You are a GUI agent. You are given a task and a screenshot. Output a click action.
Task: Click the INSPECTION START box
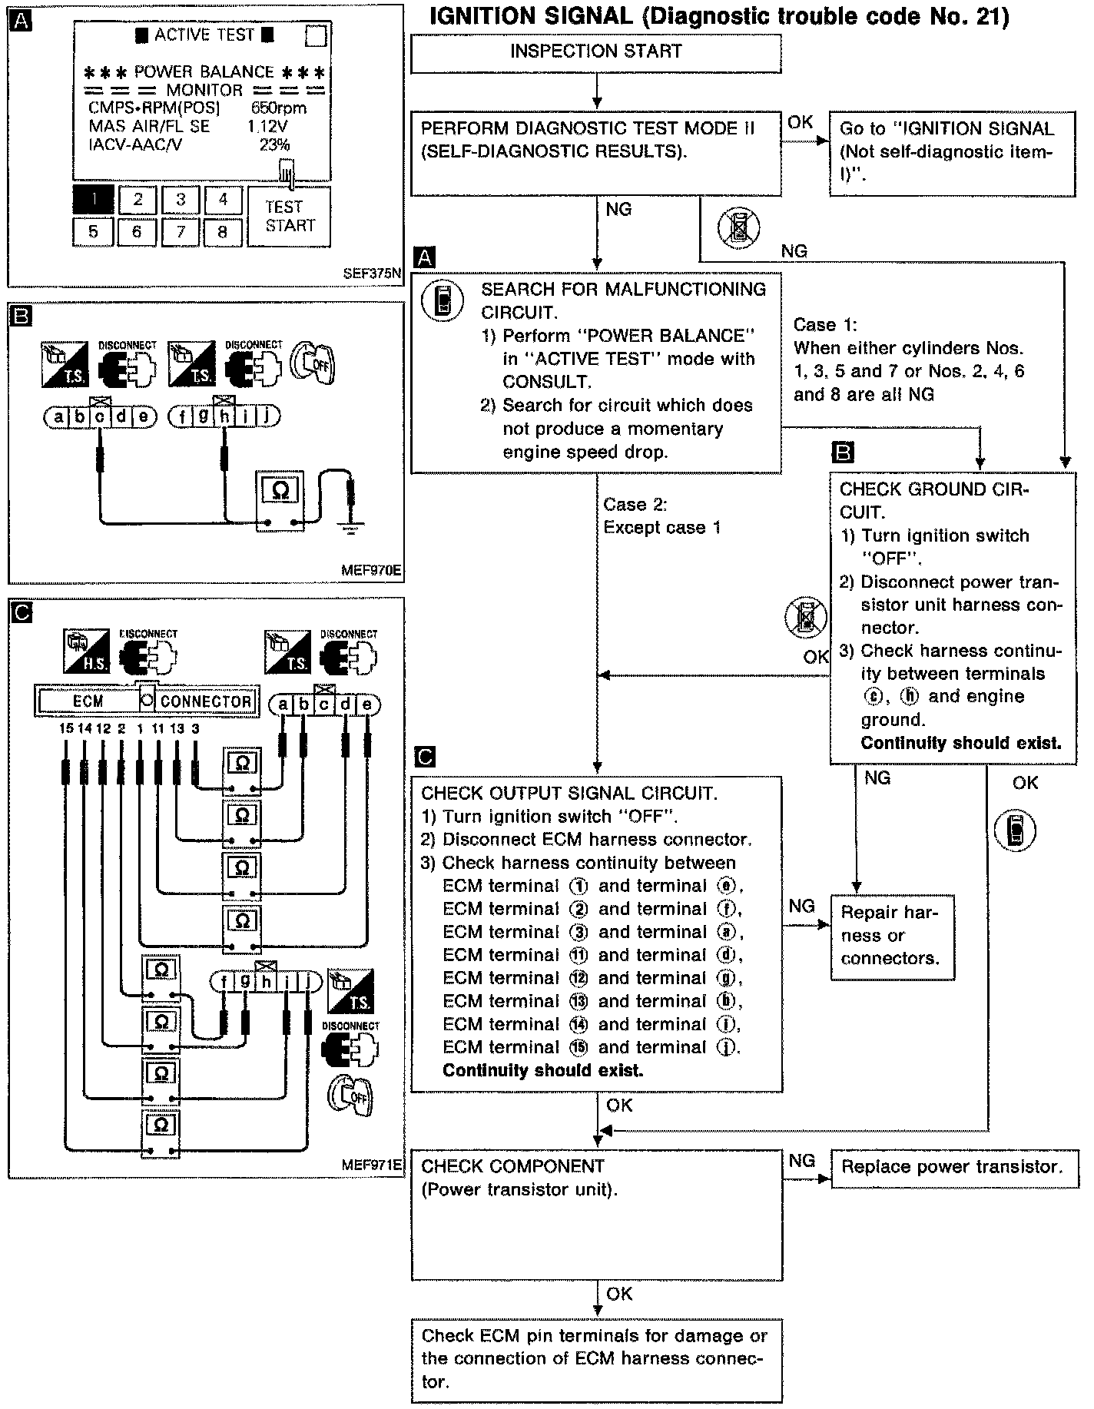point(595,52)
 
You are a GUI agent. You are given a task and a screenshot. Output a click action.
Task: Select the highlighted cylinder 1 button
point(93,200)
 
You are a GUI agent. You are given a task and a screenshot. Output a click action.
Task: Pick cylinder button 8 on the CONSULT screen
point(222,230)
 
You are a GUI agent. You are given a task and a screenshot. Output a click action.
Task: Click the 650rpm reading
point(278,108)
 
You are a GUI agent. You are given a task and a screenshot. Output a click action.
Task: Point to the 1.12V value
point(267,126)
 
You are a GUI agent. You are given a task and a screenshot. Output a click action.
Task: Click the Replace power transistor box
point(953,1167)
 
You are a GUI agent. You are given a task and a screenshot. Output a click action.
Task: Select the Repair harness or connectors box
point(892,936)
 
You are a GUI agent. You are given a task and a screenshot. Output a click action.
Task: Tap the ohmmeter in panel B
point(280,499)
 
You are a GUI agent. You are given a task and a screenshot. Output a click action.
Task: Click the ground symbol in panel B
point(350,529)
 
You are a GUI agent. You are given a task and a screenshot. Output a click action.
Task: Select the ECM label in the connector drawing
point(88,701)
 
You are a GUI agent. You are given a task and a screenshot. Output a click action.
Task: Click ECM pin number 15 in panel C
point(66,728)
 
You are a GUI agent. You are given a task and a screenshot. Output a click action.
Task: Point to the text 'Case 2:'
point(635,505)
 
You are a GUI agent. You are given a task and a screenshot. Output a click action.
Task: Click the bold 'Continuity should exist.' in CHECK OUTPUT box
point(542,1070)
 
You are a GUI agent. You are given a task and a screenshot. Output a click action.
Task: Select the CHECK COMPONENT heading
point(512,1166)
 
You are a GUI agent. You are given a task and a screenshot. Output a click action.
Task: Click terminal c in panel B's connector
point(100,417)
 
